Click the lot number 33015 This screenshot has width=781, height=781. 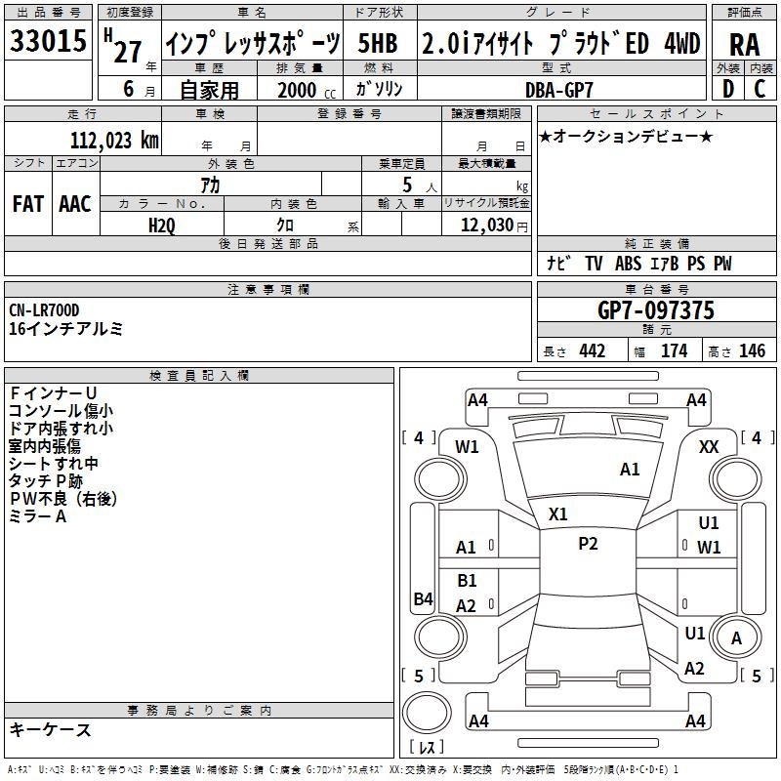48,41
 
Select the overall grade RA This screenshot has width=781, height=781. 745,45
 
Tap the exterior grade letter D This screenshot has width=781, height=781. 728,89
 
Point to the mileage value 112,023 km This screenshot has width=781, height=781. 114,141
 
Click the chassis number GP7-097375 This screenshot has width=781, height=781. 656,310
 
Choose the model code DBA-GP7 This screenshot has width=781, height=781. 559,90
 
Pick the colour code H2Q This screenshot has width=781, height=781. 162,226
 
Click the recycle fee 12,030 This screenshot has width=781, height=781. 487,226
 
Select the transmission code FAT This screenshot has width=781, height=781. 28,204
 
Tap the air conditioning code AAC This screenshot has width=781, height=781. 75,204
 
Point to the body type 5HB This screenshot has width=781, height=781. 378,43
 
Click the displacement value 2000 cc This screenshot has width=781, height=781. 307,90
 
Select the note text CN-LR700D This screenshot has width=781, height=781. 44,310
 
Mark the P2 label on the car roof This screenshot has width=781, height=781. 588,544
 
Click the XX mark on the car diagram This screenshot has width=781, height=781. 709,447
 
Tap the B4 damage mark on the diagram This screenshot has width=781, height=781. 424,598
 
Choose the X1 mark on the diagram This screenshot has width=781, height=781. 557,514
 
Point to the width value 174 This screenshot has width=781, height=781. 674,350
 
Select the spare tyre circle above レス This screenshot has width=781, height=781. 427,713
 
